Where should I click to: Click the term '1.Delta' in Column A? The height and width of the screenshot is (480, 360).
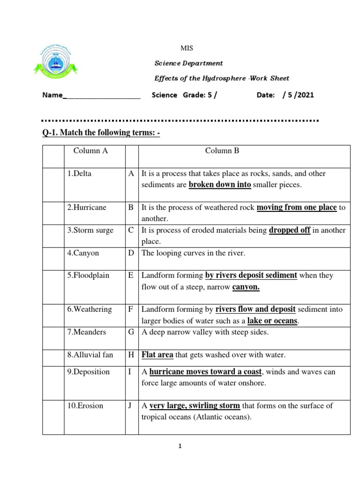tap(79, 173)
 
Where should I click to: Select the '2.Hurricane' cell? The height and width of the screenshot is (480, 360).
tap(87, 208)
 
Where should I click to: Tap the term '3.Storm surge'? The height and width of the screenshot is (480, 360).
tap(90, 231)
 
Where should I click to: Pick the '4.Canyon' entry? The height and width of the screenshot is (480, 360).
tap(83, 253)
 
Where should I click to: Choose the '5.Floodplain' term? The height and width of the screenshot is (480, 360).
tap(88, 275)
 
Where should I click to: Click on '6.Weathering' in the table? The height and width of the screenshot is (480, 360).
tap(90, 309)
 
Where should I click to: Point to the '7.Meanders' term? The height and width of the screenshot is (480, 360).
tap(87, 332)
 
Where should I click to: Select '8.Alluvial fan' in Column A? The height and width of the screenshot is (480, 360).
tap(90, 355)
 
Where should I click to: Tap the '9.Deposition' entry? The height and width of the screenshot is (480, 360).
tap(89, 372)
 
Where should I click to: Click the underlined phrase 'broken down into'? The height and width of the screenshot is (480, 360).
tap(220, 185)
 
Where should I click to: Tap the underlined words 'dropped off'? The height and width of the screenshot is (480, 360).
tap(290, 231)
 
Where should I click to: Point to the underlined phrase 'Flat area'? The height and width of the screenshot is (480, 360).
tap(157, 355)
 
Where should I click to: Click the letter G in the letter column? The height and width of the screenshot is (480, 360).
tap(131, 332)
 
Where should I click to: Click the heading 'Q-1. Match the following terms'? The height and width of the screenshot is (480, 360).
tap(101, 133)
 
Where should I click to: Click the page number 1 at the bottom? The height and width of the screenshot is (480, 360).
tap(180, 447)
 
